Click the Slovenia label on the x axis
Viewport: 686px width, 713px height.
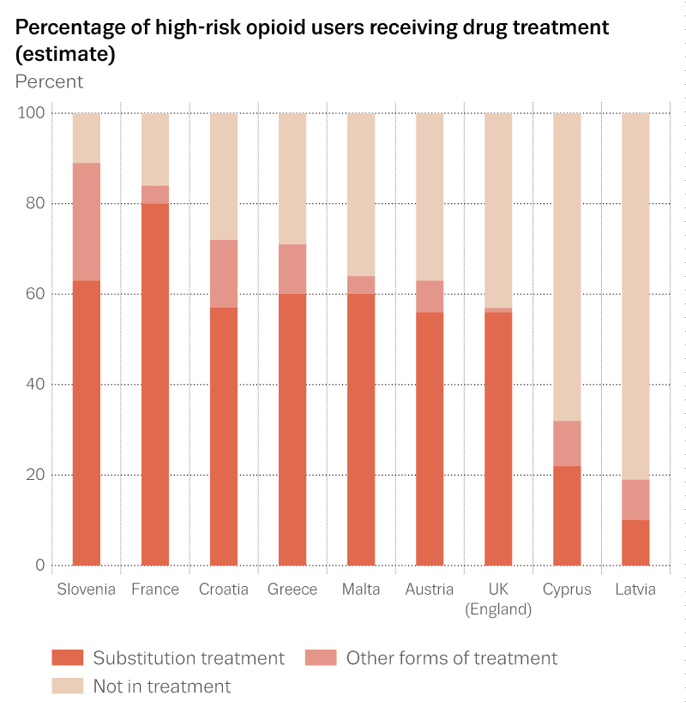(x=86, y=589)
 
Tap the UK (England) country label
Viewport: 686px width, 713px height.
(x=497, y=599)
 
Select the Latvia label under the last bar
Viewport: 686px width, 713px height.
(x=635, y=589)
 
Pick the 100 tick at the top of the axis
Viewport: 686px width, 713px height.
(x=29, y=113)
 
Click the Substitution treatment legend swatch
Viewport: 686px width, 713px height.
(x=68, y=658)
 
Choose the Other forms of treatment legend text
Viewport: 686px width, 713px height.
(x=451, y=658)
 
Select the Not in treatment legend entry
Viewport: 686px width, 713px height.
(x=161, y=686)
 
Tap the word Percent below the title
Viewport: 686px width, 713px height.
(x=50, y=81)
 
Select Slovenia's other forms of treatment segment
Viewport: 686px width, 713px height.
(x=87, y=222)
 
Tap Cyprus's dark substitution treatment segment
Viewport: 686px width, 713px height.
(x=567, y=515)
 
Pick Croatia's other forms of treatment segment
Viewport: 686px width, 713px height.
(x=224, y=273)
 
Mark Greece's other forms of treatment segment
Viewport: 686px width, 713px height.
(x=292, y=269)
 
